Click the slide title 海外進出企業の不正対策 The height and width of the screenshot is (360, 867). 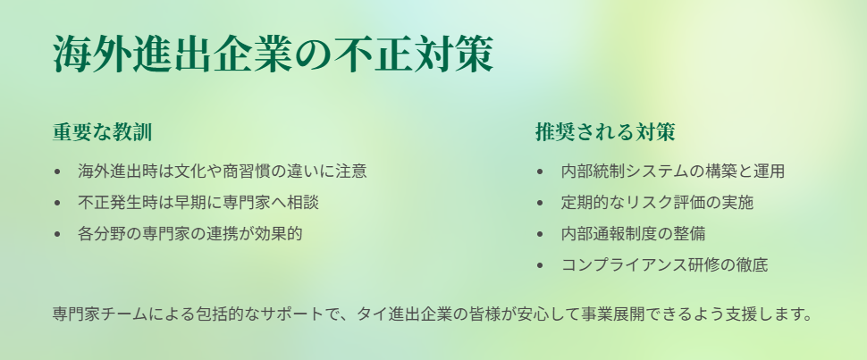[x=273, y=54]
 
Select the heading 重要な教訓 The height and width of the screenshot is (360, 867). [x=102, y=132]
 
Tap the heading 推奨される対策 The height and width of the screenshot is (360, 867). [x=605, y=132]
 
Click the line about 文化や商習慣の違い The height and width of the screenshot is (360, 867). [x=223, y=171]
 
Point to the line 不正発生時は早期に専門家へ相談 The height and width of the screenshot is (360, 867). [x=198, y=203]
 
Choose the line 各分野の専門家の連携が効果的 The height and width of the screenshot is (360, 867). [x=190, y=234]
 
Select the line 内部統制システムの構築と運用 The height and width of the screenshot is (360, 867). [x=673, y=171]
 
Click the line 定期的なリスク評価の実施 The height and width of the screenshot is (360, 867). [x=658, y=203]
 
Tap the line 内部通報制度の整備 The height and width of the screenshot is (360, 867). [x=633, y=234]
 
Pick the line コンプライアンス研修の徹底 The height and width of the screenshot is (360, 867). [x=665, y=265]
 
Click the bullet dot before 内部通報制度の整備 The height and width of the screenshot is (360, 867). [x=540, y=234]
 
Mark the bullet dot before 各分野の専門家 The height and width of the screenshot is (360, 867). [x=57, y=234]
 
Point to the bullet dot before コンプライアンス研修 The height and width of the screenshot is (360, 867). [x=540, y=266]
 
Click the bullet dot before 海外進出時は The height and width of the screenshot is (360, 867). [x=57, y=172]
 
